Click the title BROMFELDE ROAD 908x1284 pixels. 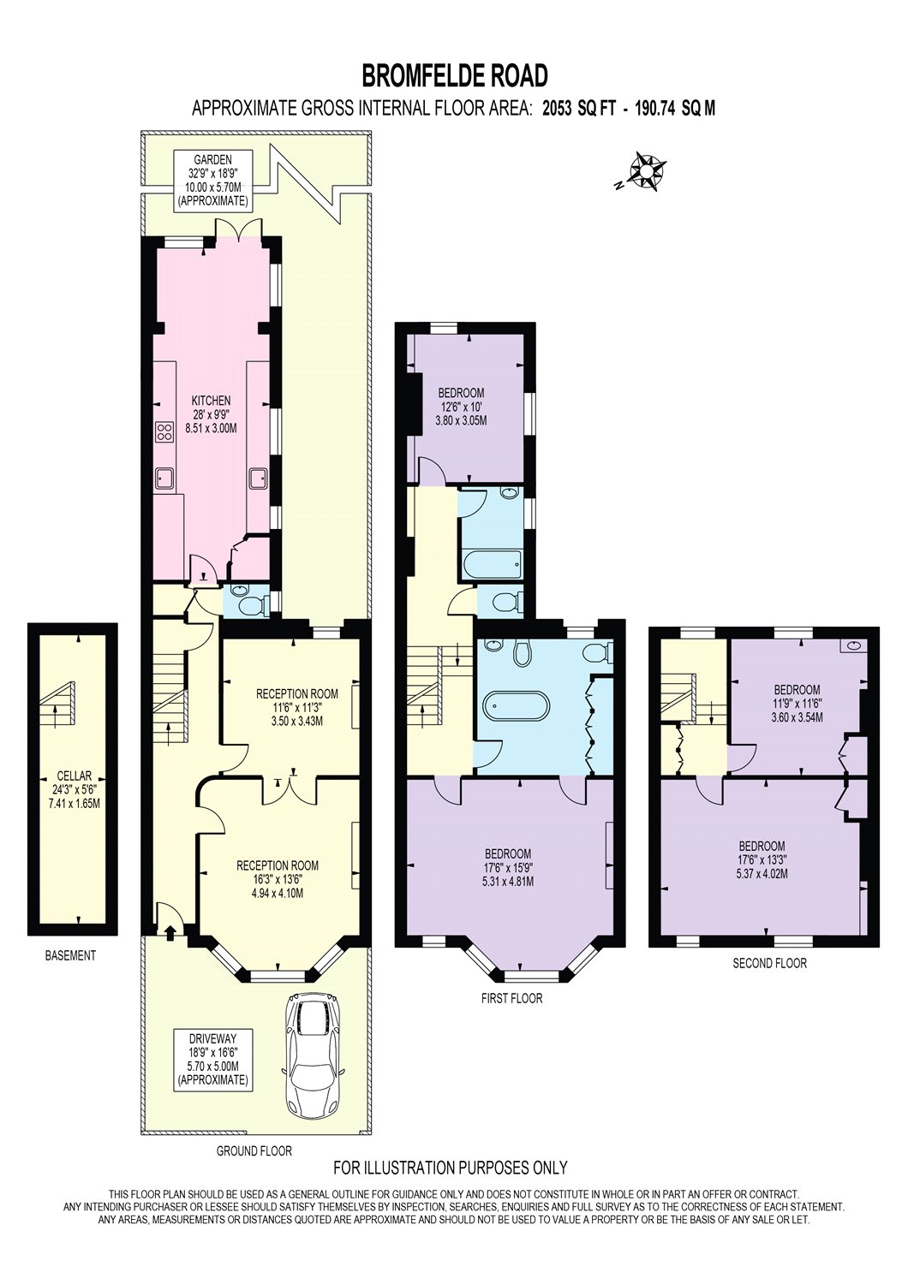pyautogui.click(x=454, y=75)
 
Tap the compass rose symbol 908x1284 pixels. pyautogui.click(x=647, y=171)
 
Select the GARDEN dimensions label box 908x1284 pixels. pyautogui.click(x=212, y=181)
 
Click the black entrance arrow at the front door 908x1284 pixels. pyautogui.click(x=170, y=933)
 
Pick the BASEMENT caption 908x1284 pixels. pyautogui.click(x=70, y=955)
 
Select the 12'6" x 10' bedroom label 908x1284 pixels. pyautogui.click(x=461, y=407)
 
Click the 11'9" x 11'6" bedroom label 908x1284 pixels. pyautogui.click(x=797, y=704)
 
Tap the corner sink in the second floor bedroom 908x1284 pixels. pyautogui.click(x=854, y=645)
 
